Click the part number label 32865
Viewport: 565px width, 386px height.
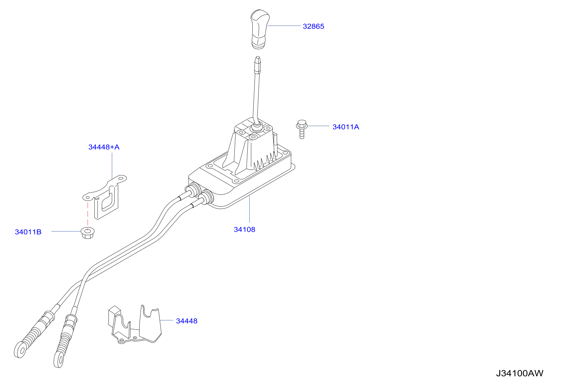(313, 26)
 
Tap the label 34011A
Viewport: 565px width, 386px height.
(346, 127)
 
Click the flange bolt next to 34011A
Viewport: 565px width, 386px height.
(302, 129)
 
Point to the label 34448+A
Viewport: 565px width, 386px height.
(104, 147)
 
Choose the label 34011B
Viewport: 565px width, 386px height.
(28, 232)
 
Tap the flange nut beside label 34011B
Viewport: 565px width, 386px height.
(88, 233)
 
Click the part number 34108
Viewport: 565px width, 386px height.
(244, 229)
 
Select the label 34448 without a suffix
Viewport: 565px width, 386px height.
(187, 321)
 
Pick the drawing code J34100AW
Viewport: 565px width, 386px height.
(519, 373)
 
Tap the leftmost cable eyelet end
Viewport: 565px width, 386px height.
(20, 350)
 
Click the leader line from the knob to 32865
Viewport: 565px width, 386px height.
(284, 26)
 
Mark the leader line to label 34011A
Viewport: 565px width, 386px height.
(319, 126)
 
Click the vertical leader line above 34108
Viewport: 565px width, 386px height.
(249, 209)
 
